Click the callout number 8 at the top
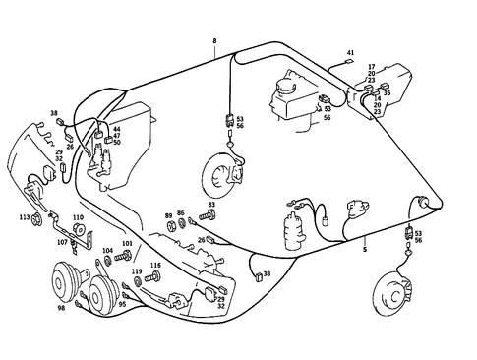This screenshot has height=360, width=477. tap(213, 40)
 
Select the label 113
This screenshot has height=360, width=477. tap(23, 216)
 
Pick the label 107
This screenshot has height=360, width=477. tap(62, 241)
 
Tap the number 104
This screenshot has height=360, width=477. tap(107, 251)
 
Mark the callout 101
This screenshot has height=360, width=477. tap(126, 243)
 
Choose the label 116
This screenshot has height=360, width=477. tap(155, 266)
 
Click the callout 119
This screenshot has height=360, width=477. tap(137, 270)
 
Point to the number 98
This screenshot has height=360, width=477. tap(61, 308)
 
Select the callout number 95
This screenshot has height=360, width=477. tap(122, 304)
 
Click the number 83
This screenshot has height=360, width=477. tap(210, 205)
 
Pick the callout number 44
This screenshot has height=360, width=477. tap(116, 129)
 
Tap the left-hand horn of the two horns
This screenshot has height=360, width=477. tap(66, 286)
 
